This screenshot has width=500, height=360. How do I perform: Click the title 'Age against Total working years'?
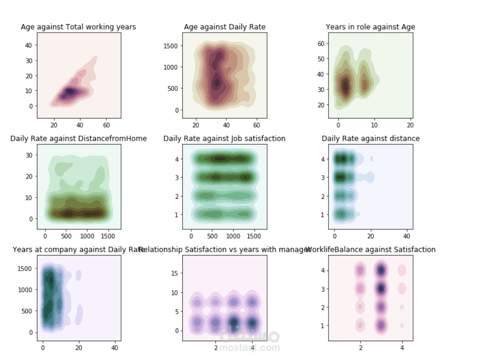(x=78, y=27)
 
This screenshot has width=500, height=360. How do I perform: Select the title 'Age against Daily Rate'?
(x=224, y=27)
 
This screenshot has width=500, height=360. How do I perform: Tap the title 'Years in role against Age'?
(x=371, y=27)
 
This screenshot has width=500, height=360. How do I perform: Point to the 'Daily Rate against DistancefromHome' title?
(x=78, y=138)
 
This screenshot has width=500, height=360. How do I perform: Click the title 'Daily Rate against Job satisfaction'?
(x=224, y=138)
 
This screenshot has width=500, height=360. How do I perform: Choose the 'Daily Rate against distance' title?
(x=371, y=138)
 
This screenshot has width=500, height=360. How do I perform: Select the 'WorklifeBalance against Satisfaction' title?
(x=371, y=249)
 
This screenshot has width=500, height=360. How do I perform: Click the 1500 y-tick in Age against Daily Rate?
(x=170, y=46)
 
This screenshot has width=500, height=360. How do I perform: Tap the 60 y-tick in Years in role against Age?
(x=320, y=43)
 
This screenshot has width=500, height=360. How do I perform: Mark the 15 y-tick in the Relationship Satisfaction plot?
(x=173, y=273)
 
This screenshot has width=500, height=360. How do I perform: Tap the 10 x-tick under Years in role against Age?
(x=374, y=125)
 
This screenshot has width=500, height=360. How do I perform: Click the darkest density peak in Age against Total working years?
(x=70, y=91)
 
